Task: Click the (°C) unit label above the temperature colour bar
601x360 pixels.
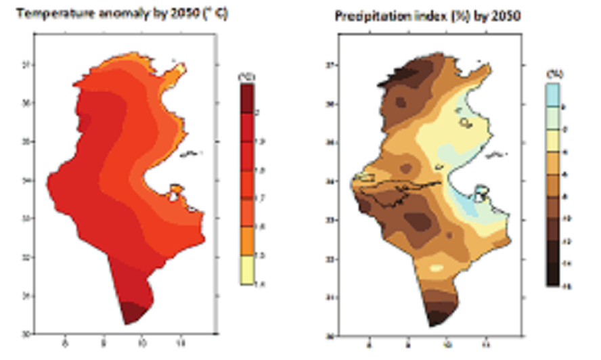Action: (x=247, y=77)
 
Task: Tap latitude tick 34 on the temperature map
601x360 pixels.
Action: (x=24, y=181)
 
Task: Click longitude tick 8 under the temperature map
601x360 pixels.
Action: (x=65, y=343)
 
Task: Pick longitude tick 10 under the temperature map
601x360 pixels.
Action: (x=142, y=343)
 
